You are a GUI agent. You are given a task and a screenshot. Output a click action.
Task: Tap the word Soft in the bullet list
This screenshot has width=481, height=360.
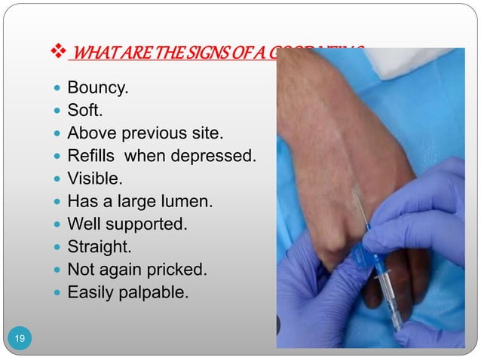click(x=83, y=113)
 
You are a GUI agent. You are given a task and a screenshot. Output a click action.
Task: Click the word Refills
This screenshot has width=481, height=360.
click(x=93, y=157)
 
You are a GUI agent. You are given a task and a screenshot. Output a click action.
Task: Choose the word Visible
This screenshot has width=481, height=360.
click(x=93, y=179)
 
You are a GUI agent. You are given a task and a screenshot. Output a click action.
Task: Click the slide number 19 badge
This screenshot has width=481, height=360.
click(x=20, y=340)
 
